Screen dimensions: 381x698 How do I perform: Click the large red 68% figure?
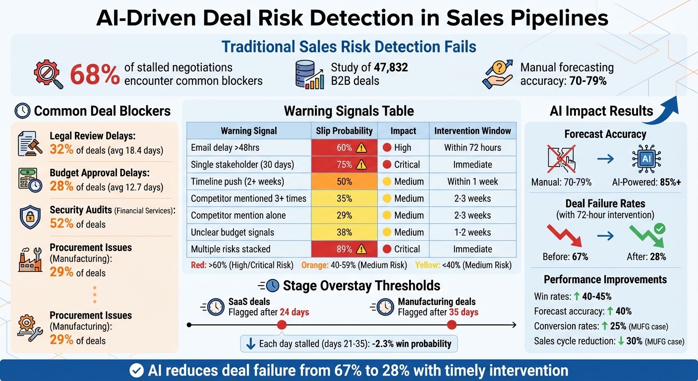coord(95,75)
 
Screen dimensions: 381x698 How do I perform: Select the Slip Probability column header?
coord(344,131)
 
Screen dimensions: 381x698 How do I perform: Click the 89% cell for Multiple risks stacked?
coord(344,249)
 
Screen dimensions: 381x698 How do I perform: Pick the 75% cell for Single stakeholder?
coord(344,165)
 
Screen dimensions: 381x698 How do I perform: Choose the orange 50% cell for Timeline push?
coord(344,182)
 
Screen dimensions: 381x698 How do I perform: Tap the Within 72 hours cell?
coord(472,148)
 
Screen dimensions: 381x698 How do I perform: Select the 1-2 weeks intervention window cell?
coord(472,232)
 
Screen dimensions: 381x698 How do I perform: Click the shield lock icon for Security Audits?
coord(30,217)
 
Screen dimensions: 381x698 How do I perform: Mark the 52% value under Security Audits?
coord(61,224)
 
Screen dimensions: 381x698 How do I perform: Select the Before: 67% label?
coord(566,257)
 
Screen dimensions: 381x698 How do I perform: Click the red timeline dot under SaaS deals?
coord(282,325)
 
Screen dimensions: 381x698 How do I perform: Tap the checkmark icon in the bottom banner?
coord(136,371)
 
